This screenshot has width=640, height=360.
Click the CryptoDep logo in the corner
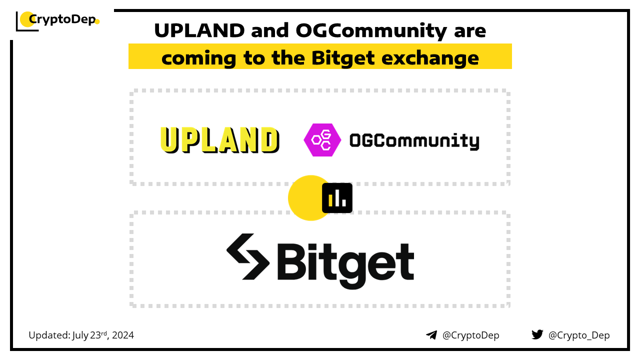pos(57,21)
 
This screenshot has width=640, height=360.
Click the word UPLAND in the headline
pos(199,30)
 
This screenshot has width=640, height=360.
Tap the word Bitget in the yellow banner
pos(343,58)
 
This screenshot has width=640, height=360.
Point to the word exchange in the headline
pos(430,58)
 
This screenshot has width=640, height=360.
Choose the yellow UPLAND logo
pos(219,140)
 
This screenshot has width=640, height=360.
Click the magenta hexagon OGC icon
pos(322,140)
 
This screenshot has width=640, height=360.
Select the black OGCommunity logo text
pos(414,141)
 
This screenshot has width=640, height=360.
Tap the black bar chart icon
pos(337,198)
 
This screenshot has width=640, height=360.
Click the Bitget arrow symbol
pos(247,256)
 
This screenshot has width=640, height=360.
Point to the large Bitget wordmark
pos(345,265)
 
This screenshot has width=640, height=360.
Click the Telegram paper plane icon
pos(431,335)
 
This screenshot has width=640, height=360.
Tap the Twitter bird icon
pos(537,334)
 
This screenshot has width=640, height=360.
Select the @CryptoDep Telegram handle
pos(470,335)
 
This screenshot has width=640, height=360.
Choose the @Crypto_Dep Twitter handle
pos(579,335)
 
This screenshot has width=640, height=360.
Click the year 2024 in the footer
pos(123,335)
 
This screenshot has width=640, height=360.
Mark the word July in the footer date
pos(80,335)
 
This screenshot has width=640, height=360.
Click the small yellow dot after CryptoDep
pos(97,21)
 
